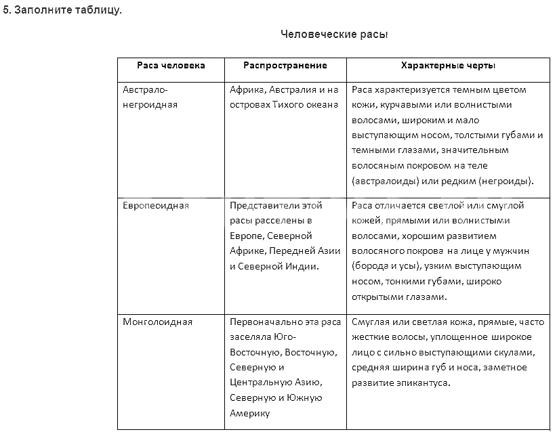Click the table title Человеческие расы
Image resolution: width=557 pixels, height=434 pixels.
tap(334, 34)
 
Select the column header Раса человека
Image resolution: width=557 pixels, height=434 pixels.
tap(171, 66)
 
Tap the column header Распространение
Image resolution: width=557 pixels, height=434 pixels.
tap(285, 66)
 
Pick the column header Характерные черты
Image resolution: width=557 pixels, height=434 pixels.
tap(448, 66)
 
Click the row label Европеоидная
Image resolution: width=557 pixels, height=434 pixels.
tap(156, 206)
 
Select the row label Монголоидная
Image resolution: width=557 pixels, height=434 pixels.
tap(158, 322)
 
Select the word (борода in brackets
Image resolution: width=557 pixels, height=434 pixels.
tap(370, 266)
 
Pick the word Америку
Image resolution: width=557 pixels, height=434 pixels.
tap(249, 413)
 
